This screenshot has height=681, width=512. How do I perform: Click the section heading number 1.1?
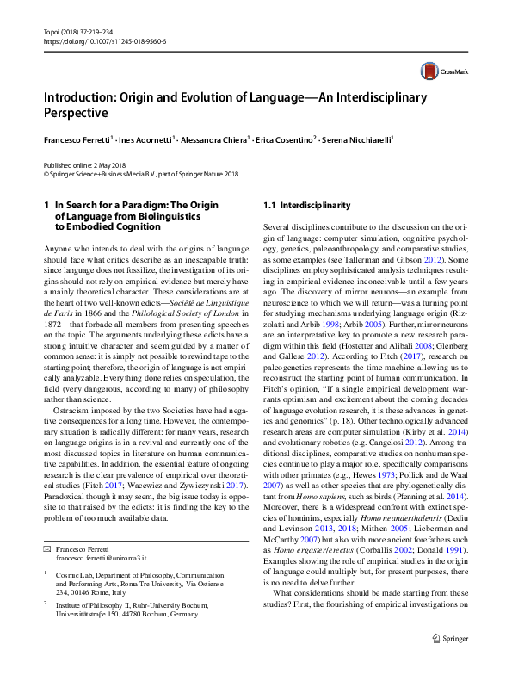269,206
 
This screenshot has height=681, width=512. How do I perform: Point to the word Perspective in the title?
77,114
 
